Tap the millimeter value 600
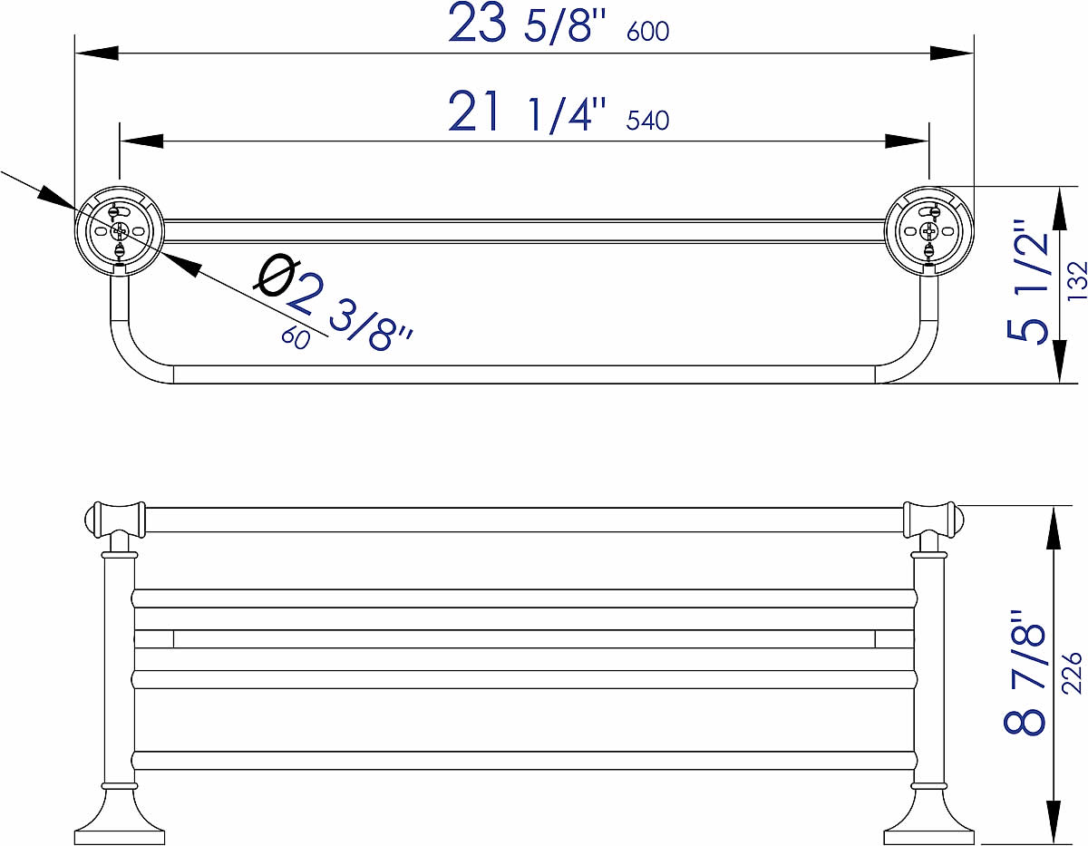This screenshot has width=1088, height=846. pos(647,32)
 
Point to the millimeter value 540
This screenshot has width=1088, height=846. pos(647,121)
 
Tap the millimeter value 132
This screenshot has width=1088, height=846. pos(1076,281)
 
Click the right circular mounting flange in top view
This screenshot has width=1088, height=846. pos(928,230)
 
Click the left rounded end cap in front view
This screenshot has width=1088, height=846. pos(92,520)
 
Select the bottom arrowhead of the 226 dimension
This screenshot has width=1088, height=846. pos(1054,821)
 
